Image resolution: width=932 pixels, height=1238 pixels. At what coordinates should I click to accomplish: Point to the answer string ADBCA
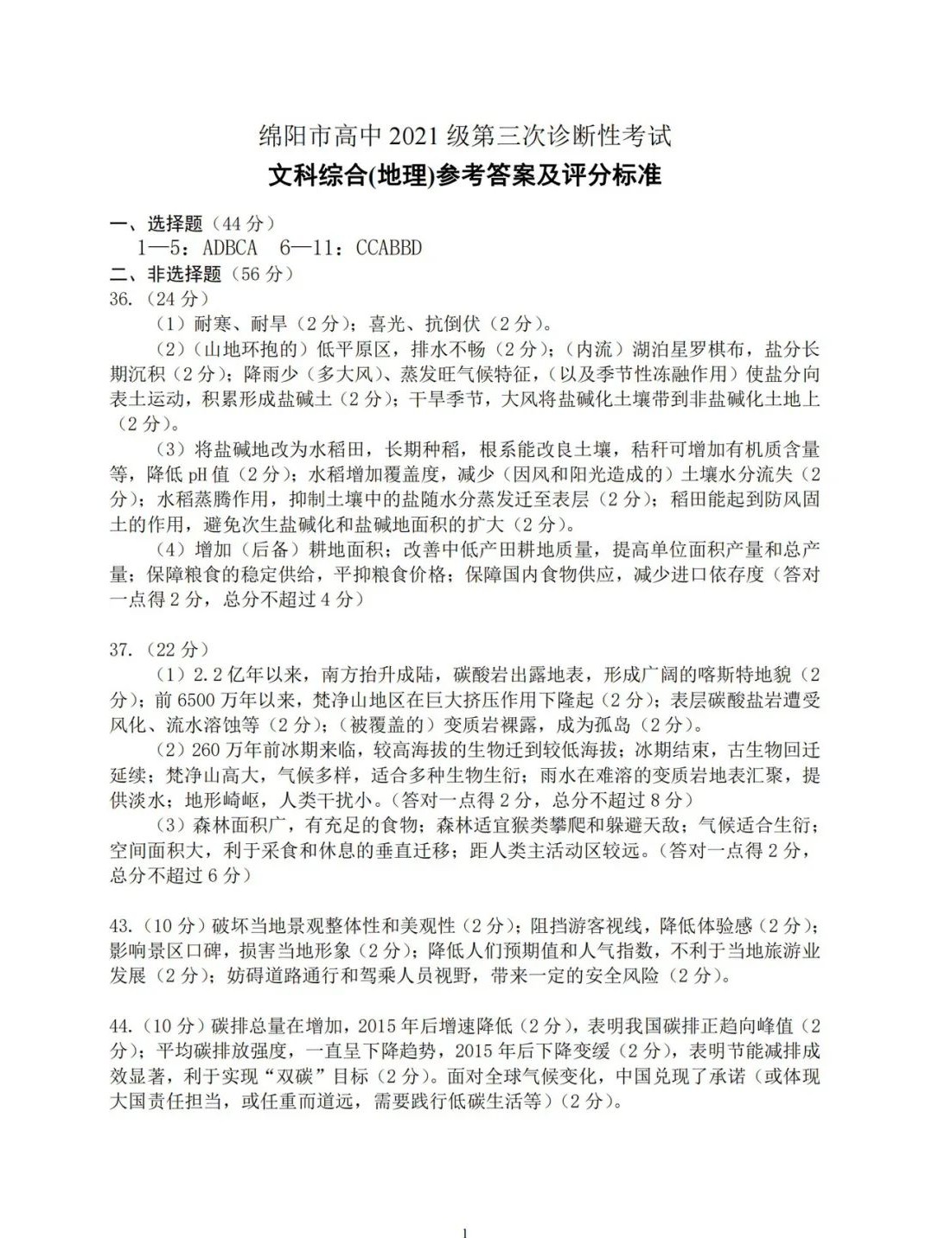[229, 248]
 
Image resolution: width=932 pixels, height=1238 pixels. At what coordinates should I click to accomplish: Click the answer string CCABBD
[389, 248]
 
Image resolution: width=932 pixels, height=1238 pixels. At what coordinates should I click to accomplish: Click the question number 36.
[121, 299]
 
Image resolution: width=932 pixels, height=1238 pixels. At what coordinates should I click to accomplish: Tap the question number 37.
[121, 650]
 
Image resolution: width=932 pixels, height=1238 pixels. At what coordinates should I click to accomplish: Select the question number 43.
[121, 926]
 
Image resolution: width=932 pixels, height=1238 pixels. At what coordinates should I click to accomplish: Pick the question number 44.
[121, 1026]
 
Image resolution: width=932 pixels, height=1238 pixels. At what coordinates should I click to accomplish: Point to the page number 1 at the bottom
[465, 1231]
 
